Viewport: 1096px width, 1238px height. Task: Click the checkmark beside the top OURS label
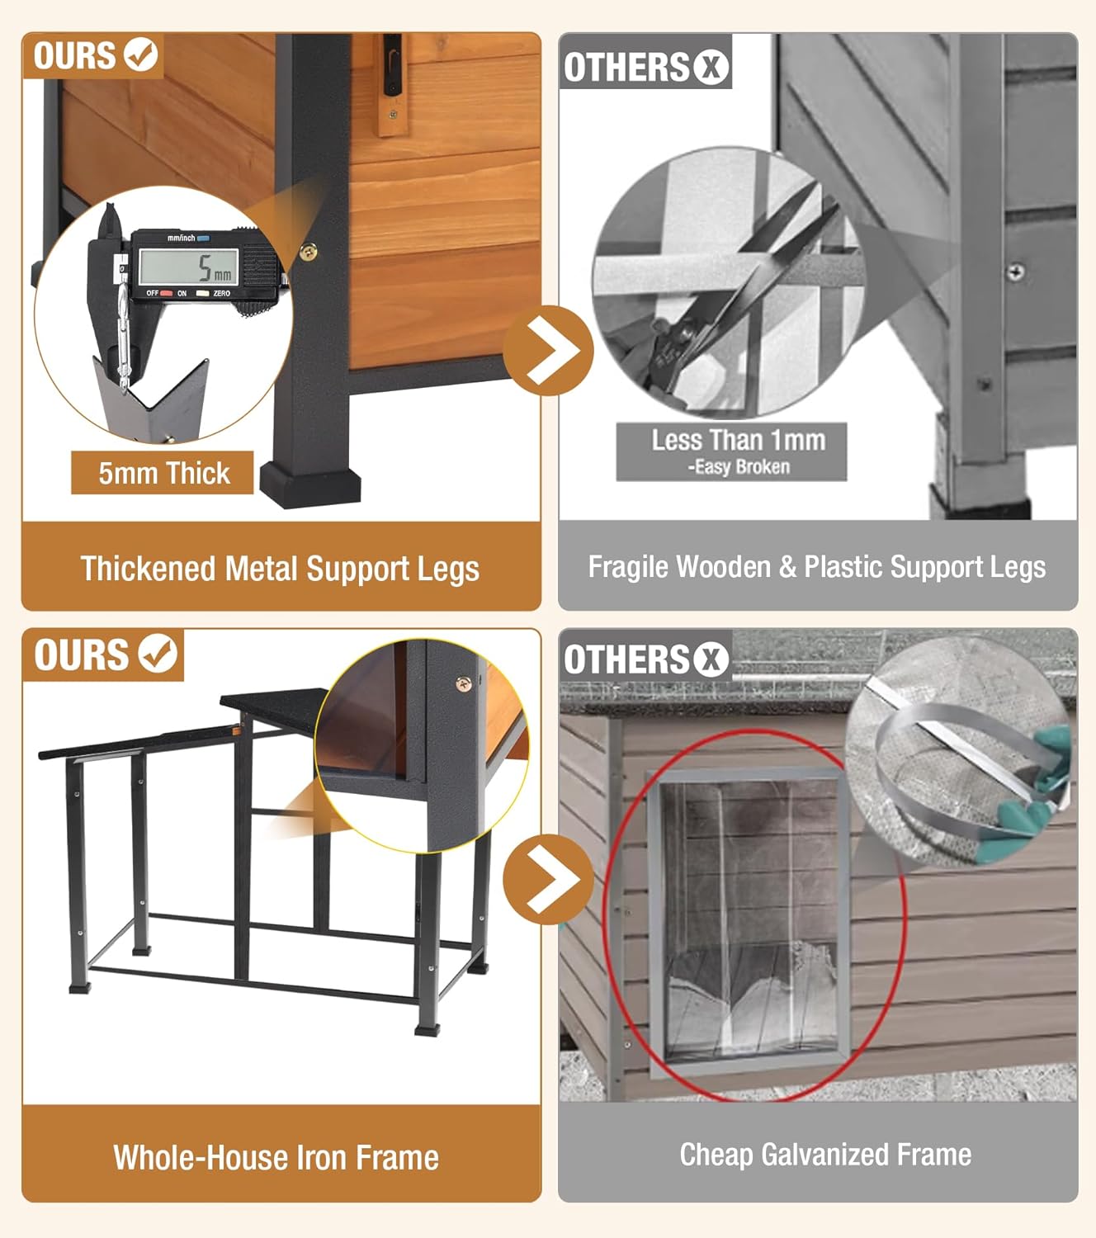pos(140,54)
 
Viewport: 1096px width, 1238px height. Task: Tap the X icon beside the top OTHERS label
pos(711,67)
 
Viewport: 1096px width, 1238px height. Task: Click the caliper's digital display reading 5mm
pos(189,267)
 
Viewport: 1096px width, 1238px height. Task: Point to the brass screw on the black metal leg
pos(309,251)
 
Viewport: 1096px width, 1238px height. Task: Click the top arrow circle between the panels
pos(548,351)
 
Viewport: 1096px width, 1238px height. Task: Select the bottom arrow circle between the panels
pos(548,880)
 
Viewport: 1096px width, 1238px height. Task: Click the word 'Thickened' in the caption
pos(149,569)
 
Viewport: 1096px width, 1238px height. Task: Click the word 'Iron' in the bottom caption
pos(321,1158)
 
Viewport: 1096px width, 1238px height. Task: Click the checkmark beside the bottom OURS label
pos(158,653)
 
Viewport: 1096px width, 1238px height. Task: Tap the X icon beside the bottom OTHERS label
pos(711,659)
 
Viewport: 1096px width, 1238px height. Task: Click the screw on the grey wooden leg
pos(1015,271)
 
